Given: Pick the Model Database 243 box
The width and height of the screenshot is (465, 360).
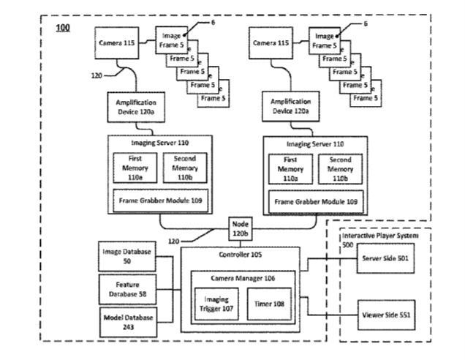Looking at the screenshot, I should tap(126, 323).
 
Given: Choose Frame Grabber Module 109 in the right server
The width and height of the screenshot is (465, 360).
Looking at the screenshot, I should tap(315, 200).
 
